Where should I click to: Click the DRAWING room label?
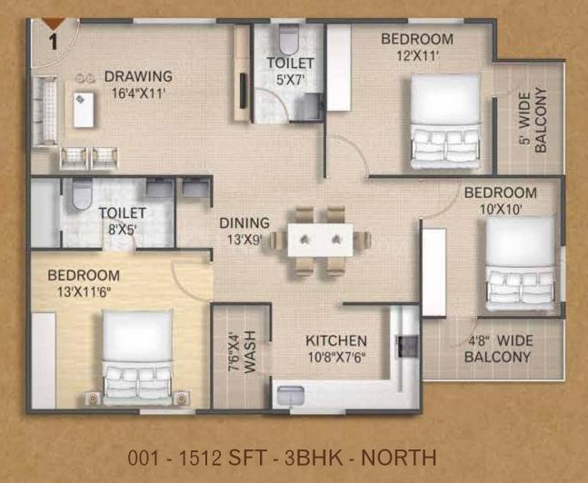coord(138,76)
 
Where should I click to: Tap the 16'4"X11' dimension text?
coord(138,93)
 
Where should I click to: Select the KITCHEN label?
coord(336,340)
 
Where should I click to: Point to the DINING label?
coord(244,223)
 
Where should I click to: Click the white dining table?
coord(320,240)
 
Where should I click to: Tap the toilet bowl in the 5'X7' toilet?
coord(288,39)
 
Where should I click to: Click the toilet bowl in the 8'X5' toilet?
coord(82,194)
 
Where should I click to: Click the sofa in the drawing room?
coord(45,111)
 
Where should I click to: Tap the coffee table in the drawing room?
coord(84,110)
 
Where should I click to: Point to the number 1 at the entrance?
coord(54,42)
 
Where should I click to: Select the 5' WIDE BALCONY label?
coord(533,120)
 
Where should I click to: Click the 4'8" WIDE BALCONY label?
coord(498,349)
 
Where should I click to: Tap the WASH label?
coord(250,352)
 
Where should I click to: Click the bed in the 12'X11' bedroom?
coord(445,122)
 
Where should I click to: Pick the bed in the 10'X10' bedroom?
coord(520,264)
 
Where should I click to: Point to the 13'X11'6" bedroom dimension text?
coord(84,292)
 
